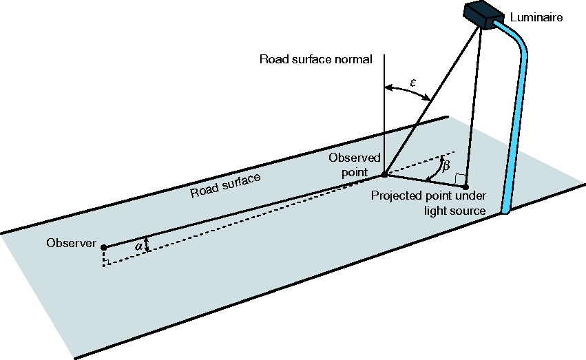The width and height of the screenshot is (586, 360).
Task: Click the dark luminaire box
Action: point(483,15)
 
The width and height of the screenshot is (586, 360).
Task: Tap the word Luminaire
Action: point(536,17)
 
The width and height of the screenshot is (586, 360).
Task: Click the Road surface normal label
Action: point(316,59)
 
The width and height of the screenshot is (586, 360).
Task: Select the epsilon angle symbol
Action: point(413,83)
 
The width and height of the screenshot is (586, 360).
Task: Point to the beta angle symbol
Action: point(446,165)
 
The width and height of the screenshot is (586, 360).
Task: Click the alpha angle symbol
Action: point(138,246)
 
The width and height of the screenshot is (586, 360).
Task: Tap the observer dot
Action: point(104,247)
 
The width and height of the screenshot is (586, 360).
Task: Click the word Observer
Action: point(72,243)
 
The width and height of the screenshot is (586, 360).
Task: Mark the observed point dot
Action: point(384,174)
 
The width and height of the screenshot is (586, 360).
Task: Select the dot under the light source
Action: point(465,187)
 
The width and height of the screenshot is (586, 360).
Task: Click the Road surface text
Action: point(225,185)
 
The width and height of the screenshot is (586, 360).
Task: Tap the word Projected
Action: point(397,196)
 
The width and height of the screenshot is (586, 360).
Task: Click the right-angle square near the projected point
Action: point(460,179)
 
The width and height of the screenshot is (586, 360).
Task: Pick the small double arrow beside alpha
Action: point(147,244)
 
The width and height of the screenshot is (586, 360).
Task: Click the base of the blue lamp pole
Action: point(505,211)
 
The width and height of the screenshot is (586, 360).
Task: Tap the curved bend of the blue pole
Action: point(519,36)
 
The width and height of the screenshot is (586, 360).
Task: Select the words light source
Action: point(455,211)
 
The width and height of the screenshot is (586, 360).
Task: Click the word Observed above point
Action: point(355,158)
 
